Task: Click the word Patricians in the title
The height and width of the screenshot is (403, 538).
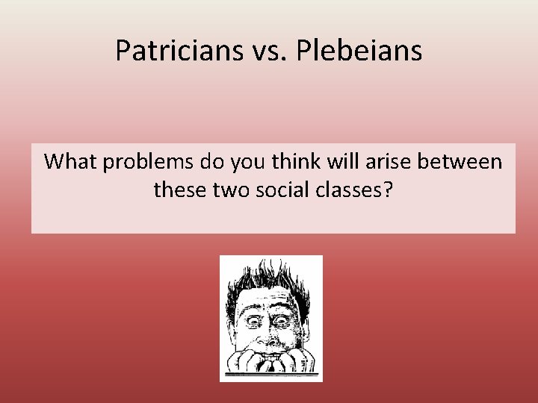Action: point(177,51)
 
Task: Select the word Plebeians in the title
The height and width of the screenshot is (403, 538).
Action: point(359,51)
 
